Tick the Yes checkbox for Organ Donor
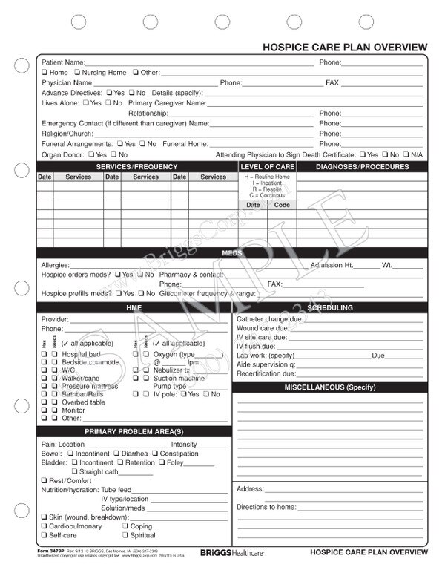click(91, 154)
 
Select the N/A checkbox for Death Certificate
click(406, 154)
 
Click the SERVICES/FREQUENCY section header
click(136, 167)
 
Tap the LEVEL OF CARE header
click(267, 167)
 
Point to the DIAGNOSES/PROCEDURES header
click(362, 167)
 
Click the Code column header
click(282, 204)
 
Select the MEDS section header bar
click(231, 253)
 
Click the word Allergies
click(55, 265)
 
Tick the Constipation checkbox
click(155, 454)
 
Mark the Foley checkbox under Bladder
click(162, 462)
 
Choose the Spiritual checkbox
click(126, 535)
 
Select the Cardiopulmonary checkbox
click(44, 526)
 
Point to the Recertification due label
click(266, 373)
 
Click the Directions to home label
click(266, 507)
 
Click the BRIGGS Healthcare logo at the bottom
click(231, 553)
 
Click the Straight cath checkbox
click(75, 472)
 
